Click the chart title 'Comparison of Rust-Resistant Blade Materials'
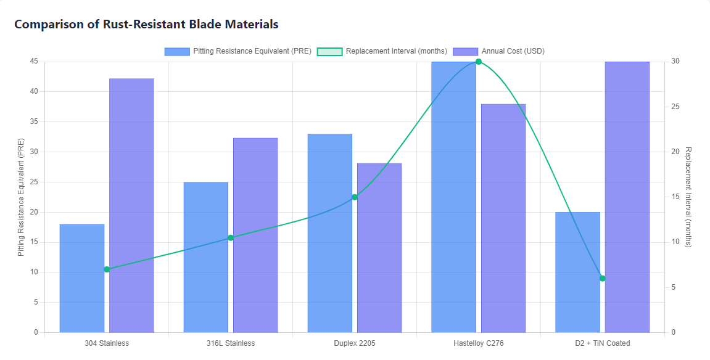point(146,25)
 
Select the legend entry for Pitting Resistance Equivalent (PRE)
point(237,51)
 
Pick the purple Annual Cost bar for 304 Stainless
point(131,205)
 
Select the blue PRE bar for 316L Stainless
point(206,257)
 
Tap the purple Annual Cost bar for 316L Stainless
point(255,235)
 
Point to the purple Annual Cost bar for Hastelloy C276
point(503,218)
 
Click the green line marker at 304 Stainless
point(107,269)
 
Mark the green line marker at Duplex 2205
point(355,197)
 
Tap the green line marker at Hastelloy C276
point(478,62)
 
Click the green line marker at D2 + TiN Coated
point(603,279)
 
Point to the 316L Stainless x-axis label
point(231,343)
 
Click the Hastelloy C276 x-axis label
point(478,343)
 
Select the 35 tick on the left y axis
point(34,121)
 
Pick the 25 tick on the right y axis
point(675,107)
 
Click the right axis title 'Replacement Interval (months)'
point(688,197)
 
